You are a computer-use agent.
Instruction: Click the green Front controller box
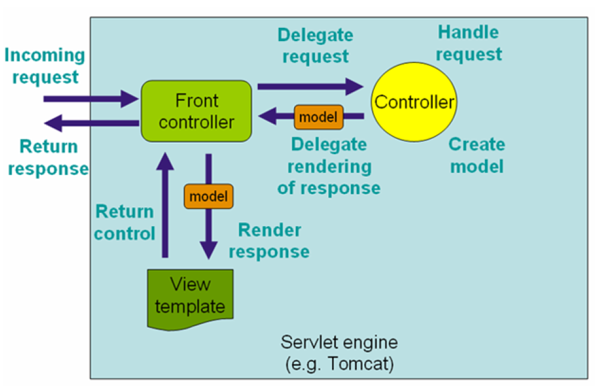coord(197,111)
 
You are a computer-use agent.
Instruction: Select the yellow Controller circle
coord(414,102)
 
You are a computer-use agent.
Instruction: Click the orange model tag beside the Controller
coord(319,116)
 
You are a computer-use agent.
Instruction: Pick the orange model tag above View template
coord(208,196)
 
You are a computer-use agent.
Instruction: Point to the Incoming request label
coord(44,66)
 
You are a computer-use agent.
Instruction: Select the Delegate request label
coord(316,45)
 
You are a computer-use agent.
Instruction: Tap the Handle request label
coord(469,43)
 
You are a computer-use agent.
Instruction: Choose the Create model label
coord(477,155)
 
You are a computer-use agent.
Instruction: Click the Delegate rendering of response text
coord(329,166)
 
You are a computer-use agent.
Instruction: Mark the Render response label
coord(269,241)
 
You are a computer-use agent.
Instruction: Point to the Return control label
coord(125,222)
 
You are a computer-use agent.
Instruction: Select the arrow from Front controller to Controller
coord(310,85)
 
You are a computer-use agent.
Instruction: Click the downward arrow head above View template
coord(208,250)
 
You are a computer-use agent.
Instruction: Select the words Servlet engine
coord(339,344)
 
